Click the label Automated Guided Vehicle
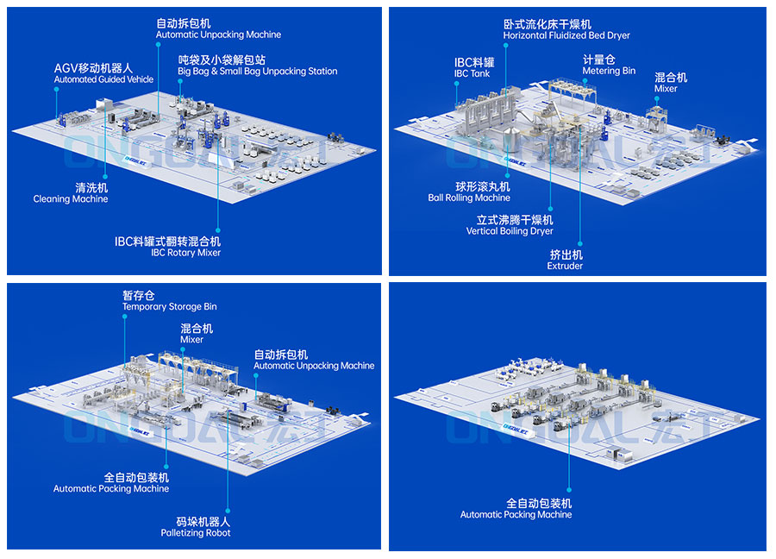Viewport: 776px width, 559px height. (103, 79)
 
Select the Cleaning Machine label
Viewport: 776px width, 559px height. (71, 199)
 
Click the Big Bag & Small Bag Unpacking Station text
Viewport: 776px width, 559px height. (258, 72)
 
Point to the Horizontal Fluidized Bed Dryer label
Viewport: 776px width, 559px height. (566, 36)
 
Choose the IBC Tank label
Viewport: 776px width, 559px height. (472, 74)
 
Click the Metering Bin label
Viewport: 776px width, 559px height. (609, 72)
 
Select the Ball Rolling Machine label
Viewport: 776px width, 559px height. (469, 198)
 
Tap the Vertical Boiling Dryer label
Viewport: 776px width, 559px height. (510, 232)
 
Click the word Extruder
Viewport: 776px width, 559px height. (565, 267)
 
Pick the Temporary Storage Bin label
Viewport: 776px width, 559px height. (170, 307)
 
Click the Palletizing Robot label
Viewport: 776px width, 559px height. (196, 533)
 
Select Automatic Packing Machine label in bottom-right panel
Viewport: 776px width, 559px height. (516, 515)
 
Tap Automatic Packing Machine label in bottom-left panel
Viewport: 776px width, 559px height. (111, 489)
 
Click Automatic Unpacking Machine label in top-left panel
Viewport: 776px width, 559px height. (218, 35)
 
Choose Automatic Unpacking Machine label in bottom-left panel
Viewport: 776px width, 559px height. (314, 366)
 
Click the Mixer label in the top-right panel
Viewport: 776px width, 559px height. (666, 89)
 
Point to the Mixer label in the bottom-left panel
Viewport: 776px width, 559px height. (191, 340)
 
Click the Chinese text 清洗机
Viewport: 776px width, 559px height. (70, 187)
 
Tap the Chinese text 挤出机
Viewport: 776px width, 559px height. (566, 254)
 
